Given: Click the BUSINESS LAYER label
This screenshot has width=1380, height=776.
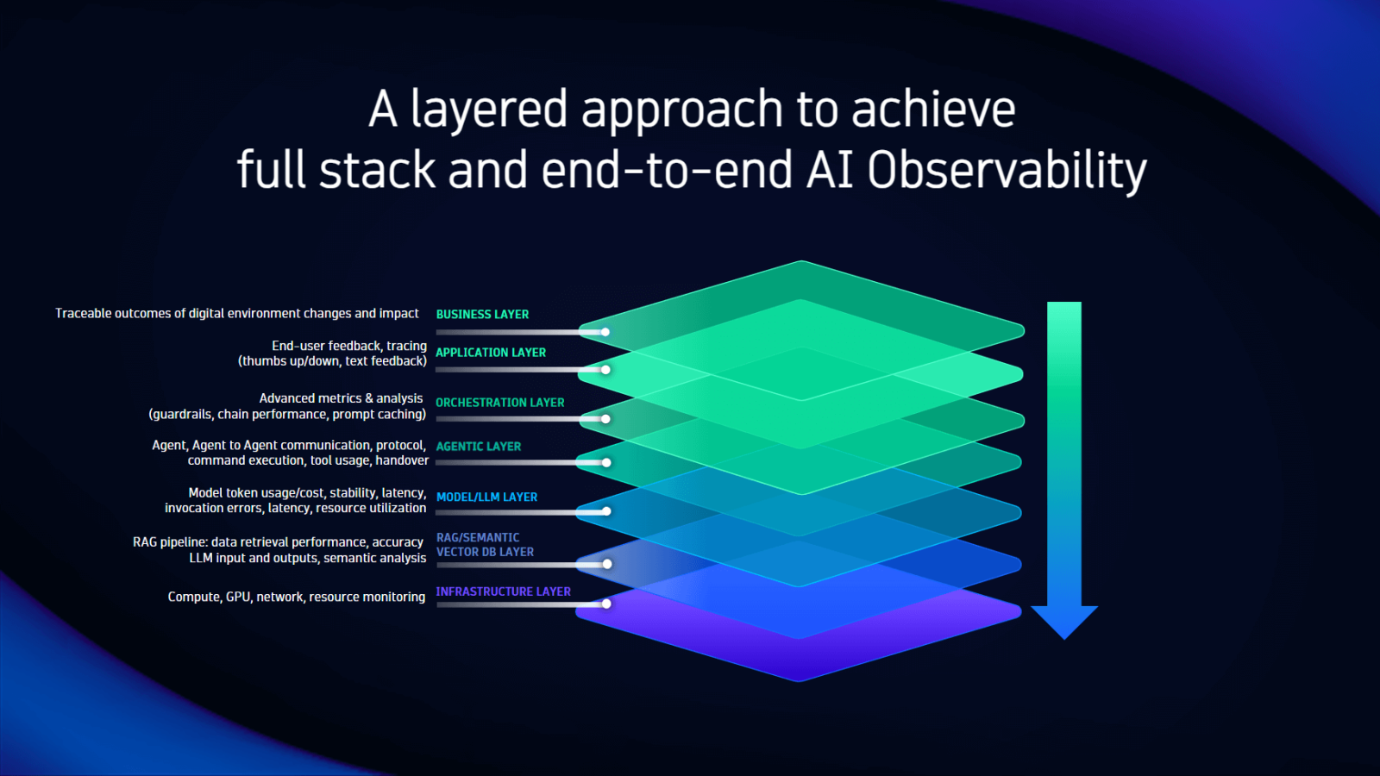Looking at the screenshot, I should [482, 315].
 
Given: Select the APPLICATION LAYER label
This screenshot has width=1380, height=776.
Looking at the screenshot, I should [490, 353].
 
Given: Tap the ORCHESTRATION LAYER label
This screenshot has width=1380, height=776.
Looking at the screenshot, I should [499, 403].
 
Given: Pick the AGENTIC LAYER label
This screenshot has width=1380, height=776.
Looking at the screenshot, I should [478, 447].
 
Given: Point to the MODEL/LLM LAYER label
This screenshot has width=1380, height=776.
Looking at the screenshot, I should [486, 498].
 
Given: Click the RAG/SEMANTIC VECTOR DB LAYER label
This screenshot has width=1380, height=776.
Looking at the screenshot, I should [484, 545].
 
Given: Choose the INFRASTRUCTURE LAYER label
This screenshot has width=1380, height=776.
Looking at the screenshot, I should [503, 591].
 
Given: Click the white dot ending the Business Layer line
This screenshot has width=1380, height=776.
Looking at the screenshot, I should [605, 332].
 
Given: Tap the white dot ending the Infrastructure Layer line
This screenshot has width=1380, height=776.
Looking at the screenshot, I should [606, 604].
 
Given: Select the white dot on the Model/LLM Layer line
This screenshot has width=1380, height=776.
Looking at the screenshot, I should [606, 511].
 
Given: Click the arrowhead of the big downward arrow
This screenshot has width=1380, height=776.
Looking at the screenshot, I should [1063, 621].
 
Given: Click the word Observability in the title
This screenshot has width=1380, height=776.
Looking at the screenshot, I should [1007, 170].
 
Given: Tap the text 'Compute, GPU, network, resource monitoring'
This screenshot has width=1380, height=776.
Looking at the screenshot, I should [296, 597].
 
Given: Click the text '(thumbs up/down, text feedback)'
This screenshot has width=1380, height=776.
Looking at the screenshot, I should [332, 361].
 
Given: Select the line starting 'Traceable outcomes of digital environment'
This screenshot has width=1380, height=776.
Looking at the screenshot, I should [236, 314].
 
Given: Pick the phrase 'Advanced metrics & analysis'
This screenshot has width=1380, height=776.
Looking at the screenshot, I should [341, 398].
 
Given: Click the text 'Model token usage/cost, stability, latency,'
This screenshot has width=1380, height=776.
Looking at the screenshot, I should [307, 493].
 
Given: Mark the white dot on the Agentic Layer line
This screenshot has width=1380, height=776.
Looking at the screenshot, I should [606, 463].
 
